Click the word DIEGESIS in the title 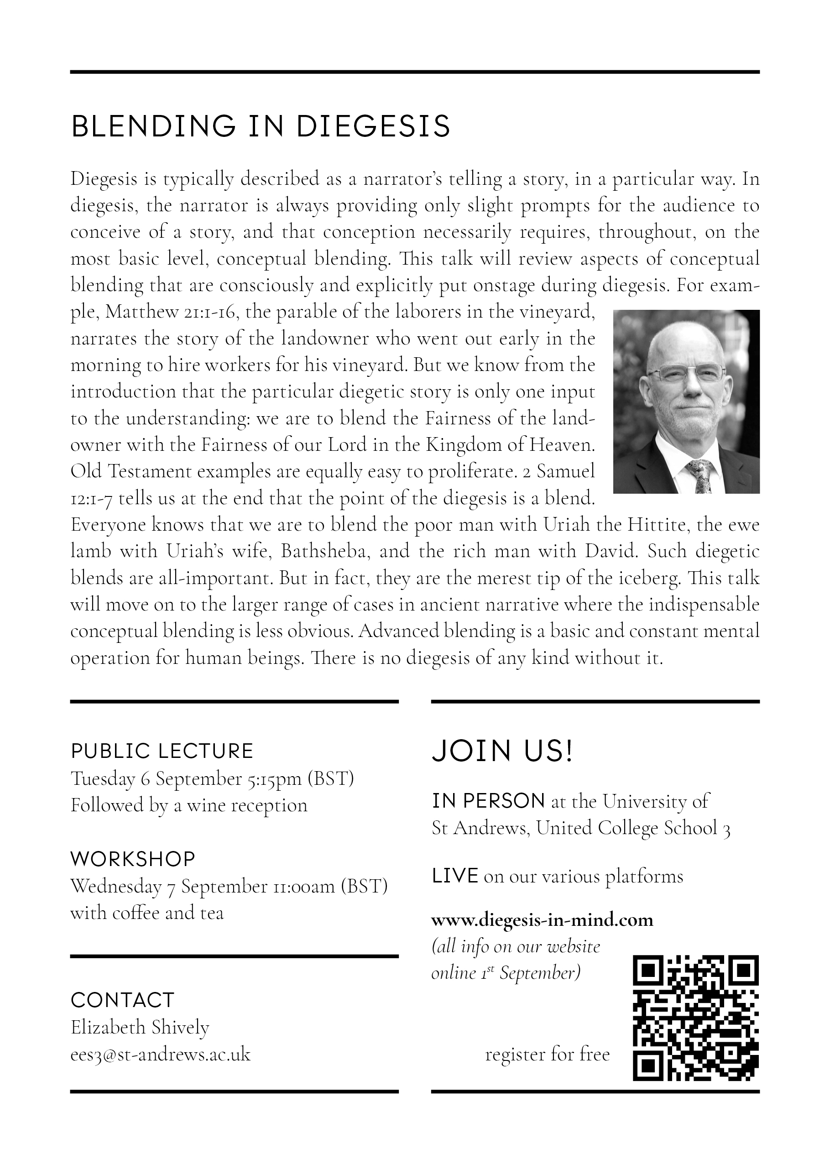pyautogui.click(x=373, y=126)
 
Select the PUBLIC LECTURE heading pyautogui.click(x=162, y=751)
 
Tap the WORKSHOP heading pyautogui.click(x=133, y=859)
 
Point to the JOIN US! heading pyautogui.click(x=502, y=751)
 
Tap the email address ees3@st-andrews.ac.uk pyautogui.click(x=161, y=1054)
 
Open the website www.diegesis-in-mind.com pyautogui.click(x=542, y=920)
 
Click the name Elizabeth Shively pyautogui.click(x=140, y=1027)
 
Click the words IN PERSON pyautogui.click(x=488, y=801)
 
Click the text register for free pyautogui.click(x=548, y=1054)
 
